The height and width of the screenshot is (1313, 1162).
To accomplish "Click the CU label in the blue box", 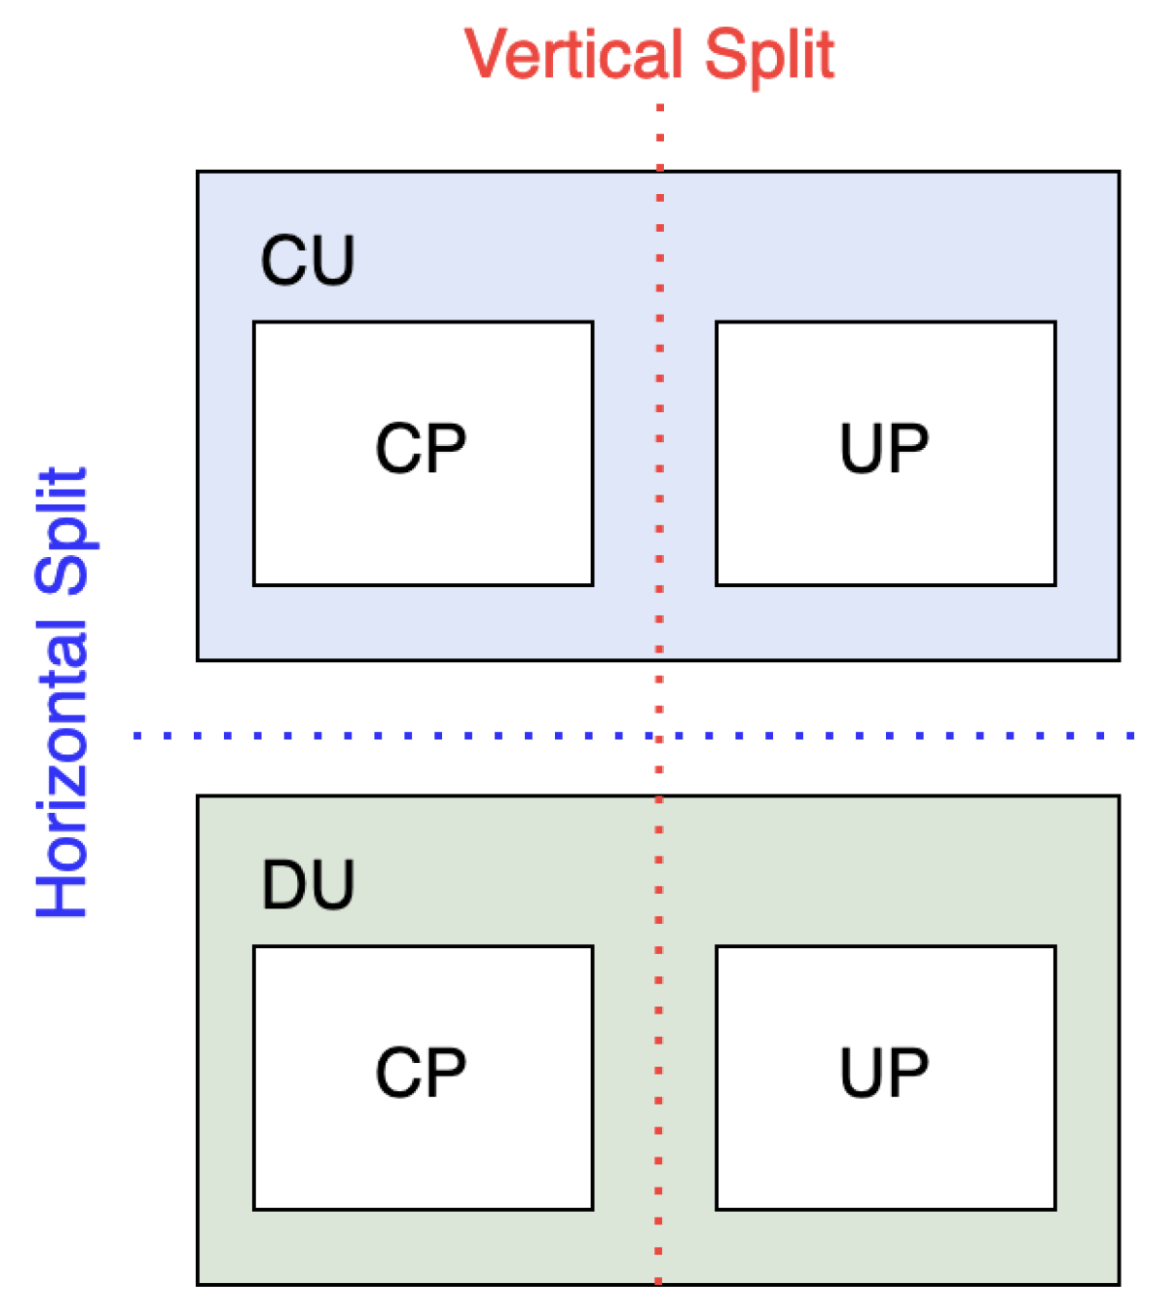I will [x=308, y=261].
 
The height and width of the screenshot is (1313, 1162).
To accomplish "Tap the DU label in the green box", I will [x=308, y=885].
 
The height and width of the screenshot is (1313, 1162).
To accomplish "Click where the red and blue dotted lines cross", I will [x=659, y=737].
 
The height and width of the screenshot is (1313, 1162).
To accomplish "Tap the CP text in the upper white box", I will [x=421, y=450].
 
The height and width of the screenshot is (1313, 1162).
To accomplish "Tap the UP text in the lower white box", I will [x=884, y=1074].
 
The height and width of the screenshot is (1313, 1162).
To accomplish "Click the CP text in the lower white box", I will [x=421, y=1074].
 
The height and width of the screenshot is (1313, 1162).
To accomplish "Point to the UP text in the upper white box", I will [x=884, y=450].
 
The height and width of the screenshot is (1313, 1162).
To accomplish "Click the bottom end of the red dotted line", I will [x=659, y=1280].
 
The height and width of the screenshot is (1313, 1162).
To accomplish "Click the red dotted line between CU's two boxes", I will [x=659, y=454].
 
